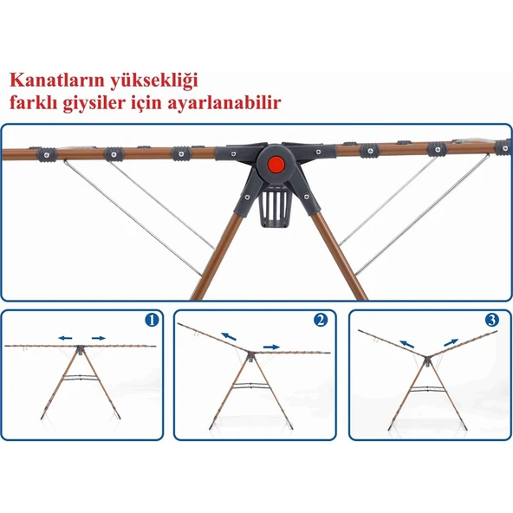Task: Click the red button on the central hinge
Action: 276,164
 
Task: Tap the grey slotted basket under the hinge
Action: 275,207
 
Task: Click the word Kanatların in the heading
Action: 56,81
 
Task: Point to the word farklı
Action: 33,102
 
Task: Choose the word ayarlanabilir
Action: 224,103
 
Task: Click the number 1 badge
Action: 153,320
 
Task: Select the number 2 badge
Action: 321,320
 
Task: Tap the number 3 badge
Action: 492,320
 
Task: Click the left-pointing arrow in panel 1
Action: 65,338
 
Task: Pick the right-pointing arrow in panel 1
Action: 99,338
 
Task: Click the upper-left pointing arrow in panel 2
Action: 229,336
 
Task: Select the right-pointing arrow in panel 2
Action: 271,347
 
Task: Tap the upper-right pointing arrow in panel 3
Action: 451,342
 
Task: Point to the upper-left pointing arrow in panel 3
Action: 407,344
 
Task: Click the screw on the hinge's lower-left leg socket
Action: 247,197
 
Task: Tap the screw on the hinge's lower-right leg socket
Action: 306,197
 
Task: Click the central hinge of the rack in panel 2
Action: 250,355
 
